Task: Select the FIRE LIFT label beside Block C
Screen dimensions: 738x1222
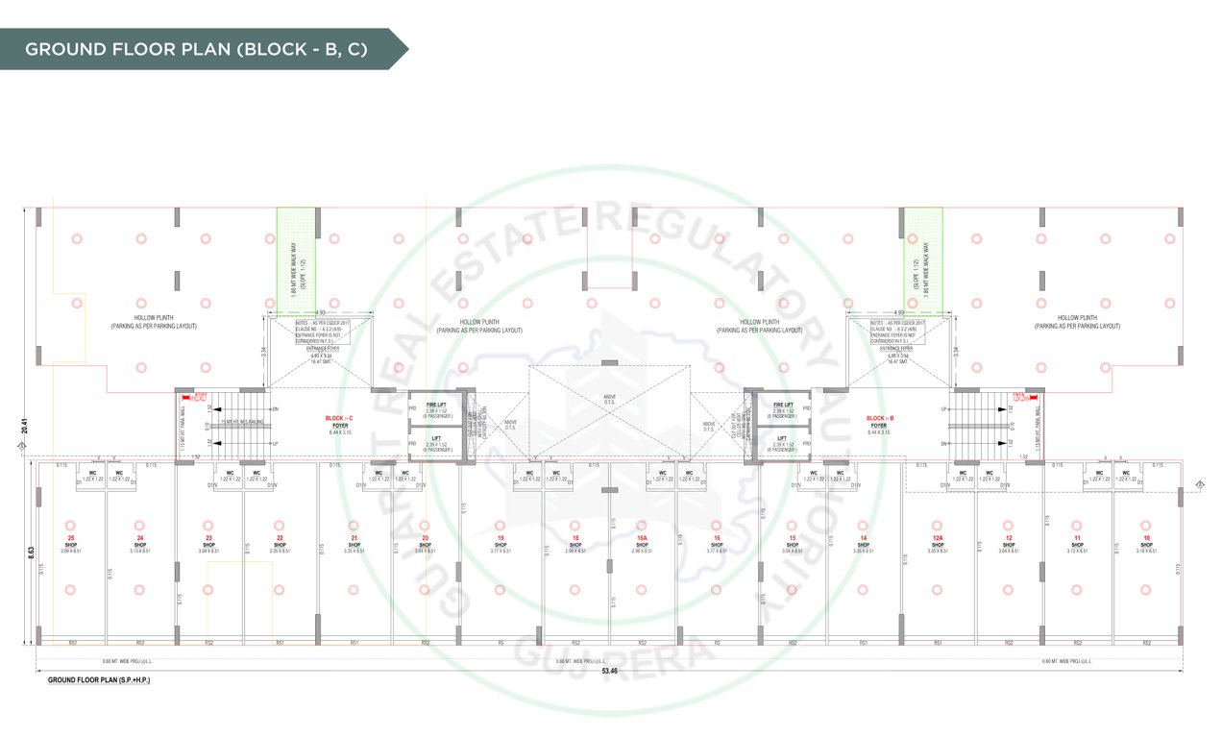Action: [435, 406]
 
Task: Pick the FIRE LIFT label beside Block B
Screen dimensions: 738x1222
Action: [784, 406]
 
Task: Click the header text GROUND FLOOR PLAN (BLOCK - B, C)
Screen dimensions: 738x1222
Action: [196, 48]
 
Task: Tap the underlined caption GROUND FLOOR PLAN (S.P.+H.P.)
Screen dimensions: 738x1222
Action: [100, 680]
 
